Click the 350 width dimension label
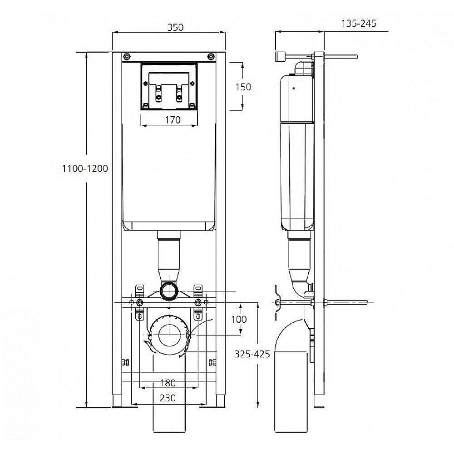[175, 27]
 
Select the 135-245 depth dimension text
[359, 24]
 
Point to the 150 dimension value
[243, 87]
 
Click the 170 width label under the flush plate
[173, 120]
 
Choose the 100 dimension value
[239, 319]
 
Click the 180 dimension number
[168, 383]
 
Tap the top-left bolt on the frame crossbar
[126, 56]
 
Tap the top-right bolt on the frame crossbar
[211, 56]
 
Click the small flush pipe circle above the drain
[168, 290]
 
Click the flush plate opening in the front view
[168, 86]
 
